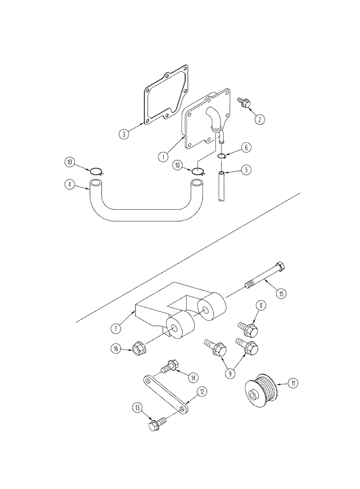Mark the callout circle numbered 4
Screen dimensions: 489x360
[x=71, y=184]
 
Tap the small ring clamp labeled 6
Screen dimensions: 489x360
[x=222, y=156]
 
